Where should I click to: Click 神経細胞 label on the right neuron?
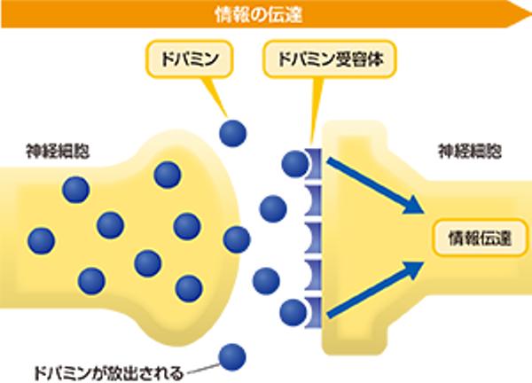[469, 152]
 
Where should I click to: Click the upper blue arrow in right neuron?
[372, 184]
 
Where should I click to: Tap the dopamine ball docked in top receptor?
[295, 163]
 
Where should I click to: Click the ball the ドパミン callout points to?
[233, 132]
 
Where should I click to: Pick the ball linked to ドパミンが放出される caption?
[232, 356]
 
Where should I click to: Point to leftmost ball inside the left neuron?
[41, 240]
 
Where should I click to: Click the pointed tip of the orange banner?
[523, 13]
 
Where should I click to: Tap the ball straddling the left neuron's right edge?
[236, 239]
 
